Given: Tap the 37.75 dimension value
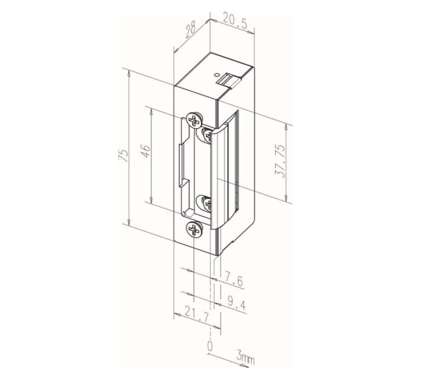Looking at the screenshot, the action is pos(280,161).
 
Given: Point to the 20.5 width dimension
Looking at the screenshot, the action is pos(235,22).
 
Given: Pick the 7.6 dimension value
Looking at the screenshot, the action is pos(233,280).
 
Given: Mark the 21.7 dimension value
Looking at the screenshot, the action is pos(197,314).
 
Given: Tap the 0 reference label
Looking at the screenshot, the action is pos(210,345).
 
